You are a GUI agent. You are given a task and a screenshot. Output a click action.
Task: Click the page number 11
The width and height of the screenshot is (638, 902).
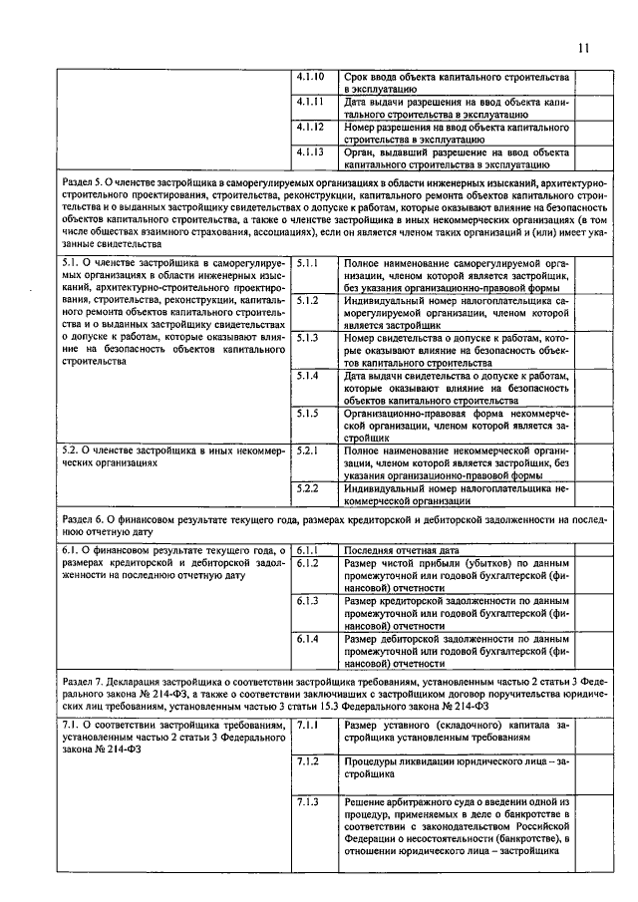pos(583,47)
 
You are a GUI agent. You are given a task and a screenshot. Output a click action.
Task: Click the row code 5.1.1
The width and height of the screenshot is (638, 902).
pos(308,262)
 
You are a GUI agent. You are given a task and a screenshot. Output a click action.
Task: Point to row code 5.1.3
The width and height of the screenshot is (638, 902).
pos(308,338)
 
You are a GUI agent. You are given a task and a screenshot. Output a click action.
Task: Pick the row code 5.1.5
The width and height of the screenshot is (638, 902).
pos(308,413)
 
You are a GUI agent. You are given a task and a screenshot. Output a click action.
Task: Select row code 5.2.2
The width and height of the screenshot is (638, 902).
pos(308,488)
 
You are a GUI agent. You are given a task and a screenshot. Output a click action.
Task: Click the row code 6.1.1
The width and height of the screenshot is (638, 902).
pos(308,549)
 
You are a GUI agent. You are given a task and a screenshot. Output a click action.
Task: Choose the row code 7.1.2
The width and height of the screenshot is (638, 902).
pos(308,761)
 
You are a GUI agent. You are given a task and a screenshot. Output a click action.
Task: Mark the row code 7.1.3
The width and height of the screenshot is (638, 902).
pos(308,800)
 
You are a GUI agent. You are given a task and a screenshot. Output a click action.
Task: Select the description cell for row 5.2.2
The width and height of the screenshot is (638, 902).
pos(456,494)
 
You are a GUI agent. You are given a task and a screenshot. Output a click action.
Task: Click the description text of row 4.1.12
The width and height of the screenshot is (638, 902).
pos(456,134)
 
